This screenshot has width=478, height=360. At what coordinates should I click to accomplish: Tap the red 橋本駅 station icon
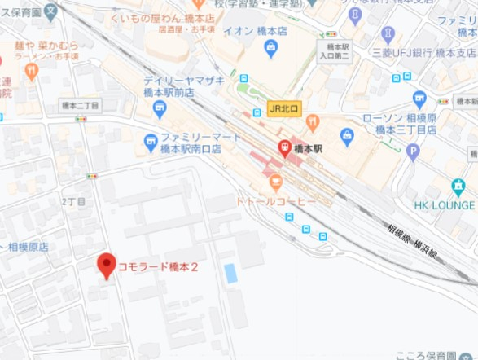click(284, 149)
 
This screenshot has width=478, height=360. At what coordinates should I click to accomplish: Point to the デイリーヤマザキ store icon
click(151, 86)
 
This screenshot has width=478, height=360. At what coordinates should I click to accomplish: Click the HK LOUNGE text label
click(444, 204)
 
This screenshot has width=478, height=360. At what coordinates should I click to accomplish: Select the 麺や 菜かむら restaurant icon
click(32, 71)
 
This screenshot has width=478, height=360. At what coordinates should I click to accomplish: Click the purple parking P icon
click(413, 151)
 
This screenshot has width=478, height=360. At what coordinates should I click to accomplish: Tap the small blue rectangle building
click(230, 274)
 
